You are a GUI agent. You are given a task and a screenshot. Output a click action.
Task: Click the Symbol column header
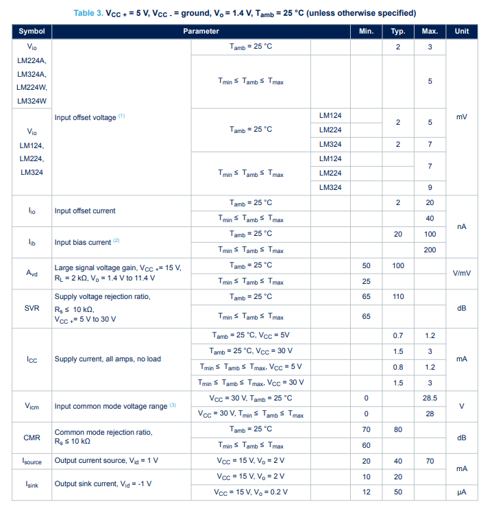click(32, 32)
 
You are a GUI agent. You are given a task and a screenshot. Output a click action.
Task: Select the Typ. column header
click(397, 32)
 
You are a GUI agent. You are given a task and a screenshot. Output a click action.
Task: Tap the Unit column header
click(461, 32)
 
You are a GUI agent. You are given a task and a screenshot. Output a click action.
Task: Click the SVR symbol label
click(32, 308)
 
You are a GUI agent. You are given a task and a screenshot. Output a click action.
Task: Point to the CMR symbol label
click(32, 438)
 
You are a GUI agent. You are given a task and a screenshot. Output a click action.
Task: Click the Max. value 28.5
click(430, 398)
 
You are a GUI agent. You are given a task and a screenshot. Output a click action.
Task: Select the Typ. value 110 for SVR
click(397, 296)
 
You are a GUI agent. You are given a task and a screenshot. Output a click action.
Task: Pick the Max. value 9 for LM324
click(430, 187)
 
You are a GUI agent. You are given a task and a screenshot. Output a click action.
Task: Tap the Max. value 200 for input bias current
click(430, 250)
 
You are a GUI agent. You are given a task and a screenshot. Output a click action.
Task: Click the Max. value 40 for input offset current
click(430, 218)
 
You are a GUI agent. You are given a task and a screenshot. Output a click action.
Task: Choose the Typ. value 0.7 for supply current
click(397, 335)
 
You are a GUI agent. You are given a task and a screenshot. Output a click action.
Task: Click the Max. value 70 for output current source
click(430, 462)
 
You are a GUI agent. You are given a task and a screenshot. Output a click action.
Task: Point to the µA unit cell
click(461, 492)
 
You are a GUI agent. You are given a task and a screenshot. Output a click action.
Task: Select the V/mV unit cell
click(461, 273)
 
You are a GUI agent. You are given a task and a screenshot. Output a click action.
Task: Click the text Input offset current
click(85, 211)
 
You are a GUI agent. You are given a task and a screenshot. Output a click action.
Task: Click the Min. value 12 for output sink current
click(367, 492)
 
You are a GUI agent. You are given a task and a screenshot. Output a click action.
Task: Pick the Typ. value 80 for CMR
click(397, 430)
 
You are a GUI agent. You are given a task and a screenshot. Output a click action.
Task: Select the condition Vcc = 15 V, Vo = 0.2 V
click(251, 492)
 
